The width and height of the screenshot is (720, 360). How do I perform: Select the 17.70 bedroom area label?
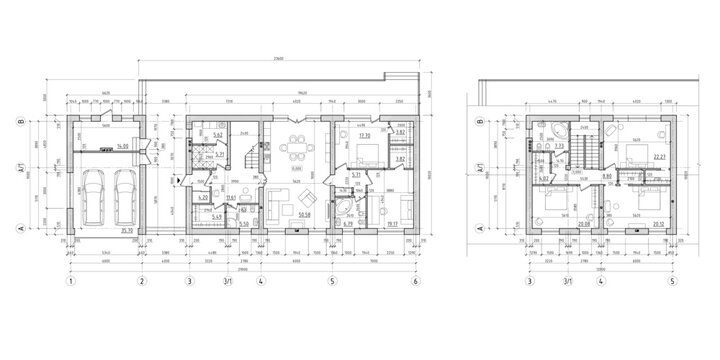tap(365, 135)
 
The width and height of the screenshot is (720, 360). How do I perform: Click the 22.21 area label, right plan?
tap(660, 156)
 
